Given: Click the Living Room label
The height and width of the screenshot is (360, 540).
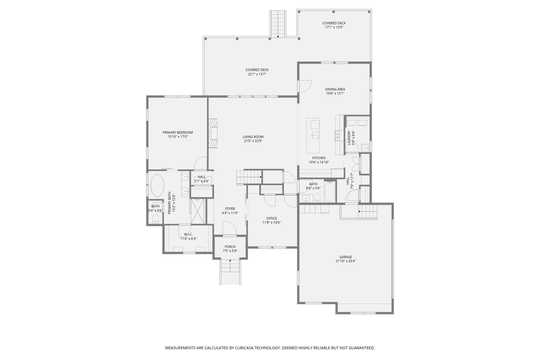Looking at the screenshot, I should point(253,137).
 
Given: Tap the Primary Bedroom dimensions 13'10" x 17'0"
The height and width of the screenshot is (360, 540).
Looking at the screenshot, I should point(177,137).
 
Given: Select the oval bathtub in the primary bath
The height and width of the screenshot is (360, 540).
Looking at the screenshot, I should point(157,186).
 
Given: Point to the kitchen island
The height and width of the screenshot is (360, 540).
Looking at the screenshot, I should point(313,136).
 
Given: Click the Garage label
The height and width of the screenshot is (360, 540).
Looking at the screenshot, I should point(346,257).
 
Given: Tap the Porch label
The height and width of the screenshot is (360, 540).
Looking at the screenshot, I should point(230,247).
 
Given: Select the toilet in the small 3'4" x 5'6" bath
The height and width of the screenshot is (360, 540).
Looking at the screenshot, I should point(155,218).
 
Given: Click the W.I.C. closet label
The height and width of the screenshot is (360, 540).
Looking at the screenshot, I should point(188,234).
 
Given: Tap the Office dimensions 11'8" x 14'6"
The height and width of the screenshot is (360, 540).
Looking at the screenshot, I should point(272,223).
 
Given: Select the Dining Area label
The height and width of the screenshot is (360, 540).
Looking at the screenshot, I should point(335,89).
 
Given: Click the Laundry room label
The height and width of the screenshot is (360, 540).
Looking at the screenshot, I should point(349,138).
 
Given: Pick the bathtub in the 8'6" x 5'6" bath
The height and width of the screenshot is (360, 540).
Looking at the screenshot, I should point(329,192).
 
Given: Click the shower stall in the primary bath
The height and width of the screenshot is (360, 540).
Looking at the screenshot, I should point(198,211).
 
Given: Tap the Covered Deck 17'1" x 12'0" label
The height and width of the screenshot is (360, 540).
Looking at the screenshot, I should point(334,23).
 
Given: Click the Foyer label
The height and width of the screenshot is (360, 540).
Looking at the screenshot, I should point(230,209).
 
